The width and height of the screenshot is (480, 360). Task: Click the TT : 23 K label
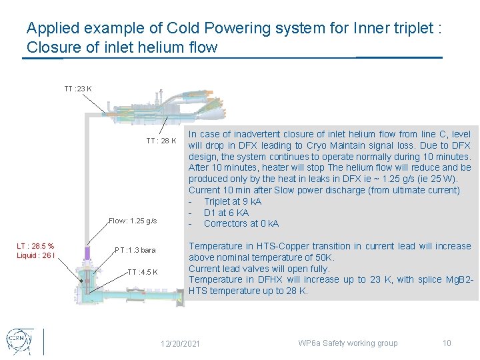tap(78, 89)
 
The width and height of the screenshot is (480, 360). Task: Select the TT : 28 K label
tap(161, 141)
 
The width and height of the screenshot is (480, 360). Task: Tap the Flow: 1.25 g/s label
tap(133, 221)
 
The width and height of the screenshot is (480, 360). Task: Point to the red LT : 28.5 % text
tap(35, 247)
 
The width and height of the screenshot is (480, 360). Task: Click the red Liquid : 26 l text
tap(35, 255)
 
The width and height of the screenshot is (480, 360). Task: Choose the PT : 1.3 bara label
tap(135, 250)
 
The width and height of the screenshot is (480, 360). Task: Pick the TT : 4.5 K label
tap(143, 272)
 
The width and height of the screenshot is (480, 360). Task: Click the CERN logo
tap(20, 341)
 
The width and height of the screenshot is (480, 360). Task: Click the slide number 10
tap(447, 343)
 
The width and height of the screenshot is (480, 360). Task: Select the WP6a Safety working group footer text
tap(347, 343)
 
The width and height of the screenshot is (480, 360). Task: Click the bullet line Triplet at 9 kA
tap(233, 201)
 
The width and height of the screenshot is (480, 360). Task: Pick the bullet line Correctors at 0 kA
tap(241, 223)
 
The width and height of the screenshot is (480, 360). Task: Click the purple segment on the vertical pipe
tap(86, 253)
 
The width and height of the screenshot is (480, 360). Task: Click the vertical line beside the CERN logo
tap(44, 341)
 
